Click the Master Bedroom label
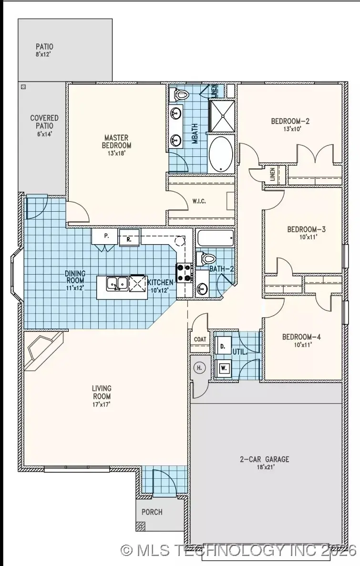coord(117,142)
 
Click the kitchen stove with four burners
coord(185,273)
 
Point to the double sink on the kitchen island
coord(117,284)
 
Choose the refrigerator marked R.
coord(129,238)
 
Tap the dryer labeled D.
coord(223,347)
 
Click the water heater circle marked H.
coord(199,367)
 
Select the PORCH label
coord(152,512)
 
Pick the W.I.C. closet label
coord(199,200)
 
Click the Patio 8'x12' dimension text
coord(44,55)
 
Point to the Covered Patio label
coord(44,121)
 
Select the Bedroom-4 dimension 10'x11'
coord(301,345)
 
